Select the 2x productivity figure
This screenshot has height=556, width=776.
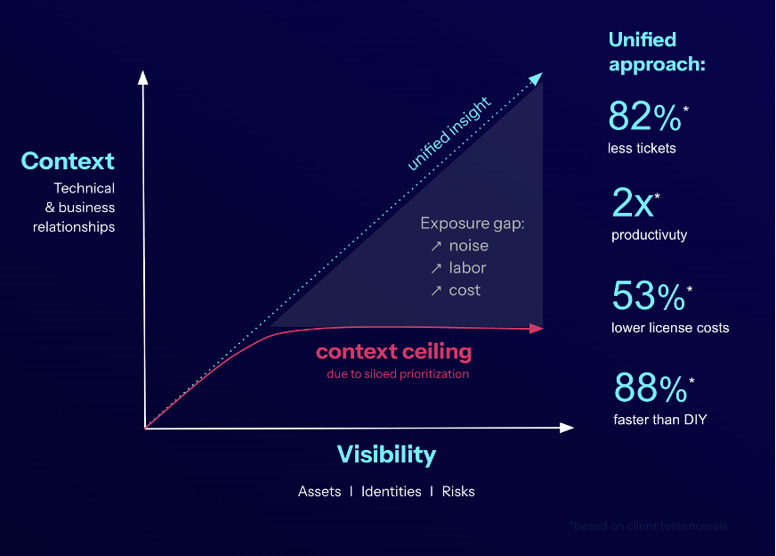pyautogui.click(x=634, y=205)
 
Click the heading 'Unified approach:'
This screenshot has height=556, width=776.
pyautogui.click(x=657, y=52)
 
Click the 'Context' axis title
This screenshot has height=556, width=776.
pyautogui.click(x=68, y=161)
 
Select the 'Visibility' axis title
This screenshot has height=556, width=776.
pyautogui.click(x=386, y=454)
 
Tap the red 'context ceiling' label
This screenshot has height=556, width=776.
pyautogui.click(x=393, y=351)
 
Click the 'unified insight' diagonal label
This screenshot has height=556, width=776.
pyautogui.click(x=449, y=135)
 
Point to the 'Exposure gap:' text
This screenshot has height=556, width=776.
pyautogui.click(x=473, y=224)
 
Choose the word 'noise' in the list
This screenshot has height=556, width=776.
pyautogui.click(x=468, y=246)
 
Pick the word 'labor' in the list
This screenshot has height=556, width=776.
pyautogui.click(x=467, y=268)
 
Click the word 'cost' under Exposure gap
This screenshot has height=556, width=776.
pyautogui.click(x=465, y=290)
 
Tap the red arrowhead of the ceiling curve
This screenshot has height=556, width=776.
pyautogui.click(x=537, y=329)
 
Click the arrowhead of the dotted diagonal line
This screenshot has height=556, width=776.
pyautogui.click(x=536, y=78)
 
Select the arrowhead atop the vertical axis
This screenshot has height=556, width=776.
pyautogui.click(x=142, y=77)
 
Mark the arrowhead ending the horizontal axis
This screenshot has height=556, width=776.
pyautogui.click(x=567, y=428)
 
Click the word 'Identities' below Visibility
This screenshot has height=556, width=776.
pyautogui.click(x=391, y=492)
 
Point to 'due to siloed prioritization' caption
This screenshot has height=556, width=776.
pyautogui.click(x=397, y=374)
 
